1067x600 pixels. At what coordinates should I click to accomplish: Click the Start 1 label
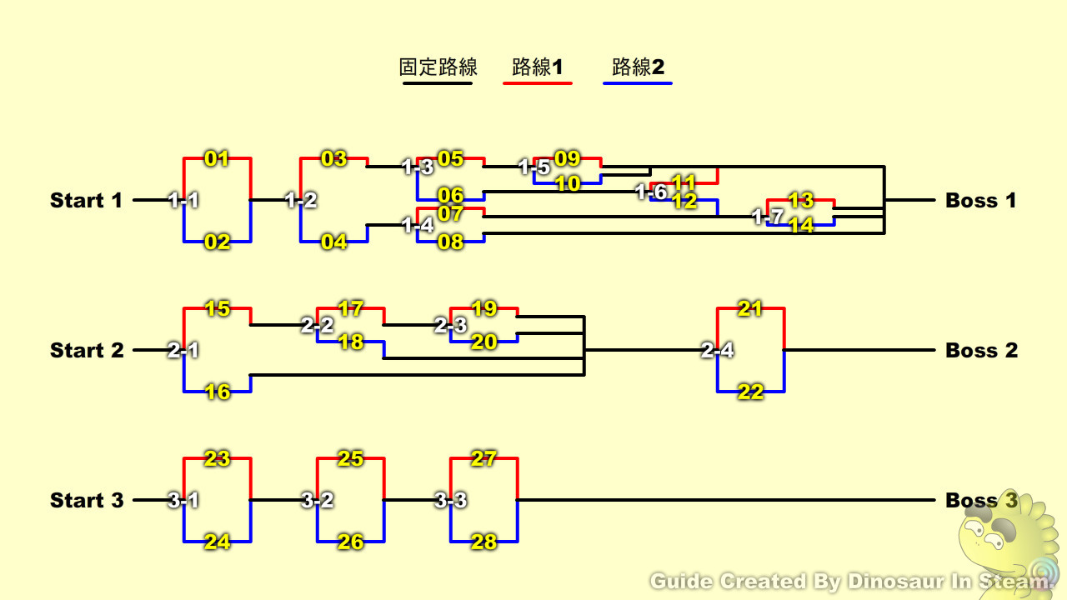[x=86, y=201]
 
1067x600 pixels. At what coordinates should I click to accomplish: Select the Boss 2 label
[x=981, y=351]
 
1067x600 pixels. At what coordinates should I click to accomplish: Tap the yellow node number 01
[x=217, y=158]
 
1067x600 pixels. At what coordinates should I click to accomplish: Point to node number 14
[x=800, y=225]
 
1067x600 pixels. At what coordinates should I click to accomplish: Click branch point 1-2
[x=300, y=201]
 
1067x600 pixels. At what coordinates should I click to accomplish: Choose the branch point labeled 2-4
[x=717, y=351]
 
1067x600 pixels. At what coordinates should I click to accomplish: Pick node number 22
[x=750, y=392]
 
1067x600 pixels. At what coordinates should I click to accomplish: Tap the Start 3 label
[x=87, y=501]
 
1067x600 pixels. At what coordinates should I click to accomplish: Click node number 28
[x=483, y=542]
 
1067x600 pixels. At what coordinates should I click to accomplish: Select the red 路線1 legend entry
[x=538, y=67]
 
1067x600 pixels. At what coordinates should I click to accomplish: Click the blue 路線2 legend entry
[x=638, y=67]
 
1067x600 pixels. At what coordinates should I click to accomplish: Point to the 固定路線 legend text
[x=438, y=67]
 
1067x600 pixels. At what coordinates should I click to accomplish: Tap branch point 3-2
[x=317, y=501]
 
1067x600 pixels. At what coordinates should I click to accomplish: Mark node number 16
[x=217, y=392]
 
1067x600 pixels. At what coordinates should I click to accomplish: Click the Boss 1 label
[x=981, y=201]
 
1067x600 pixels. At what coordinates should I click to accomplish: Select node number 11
[x=684, y=182]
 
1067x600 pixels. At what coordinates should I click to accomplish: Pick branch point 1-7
[x=767, y=217]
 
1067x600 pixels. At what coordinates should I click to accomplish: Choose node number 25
[x=350, y=458]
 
